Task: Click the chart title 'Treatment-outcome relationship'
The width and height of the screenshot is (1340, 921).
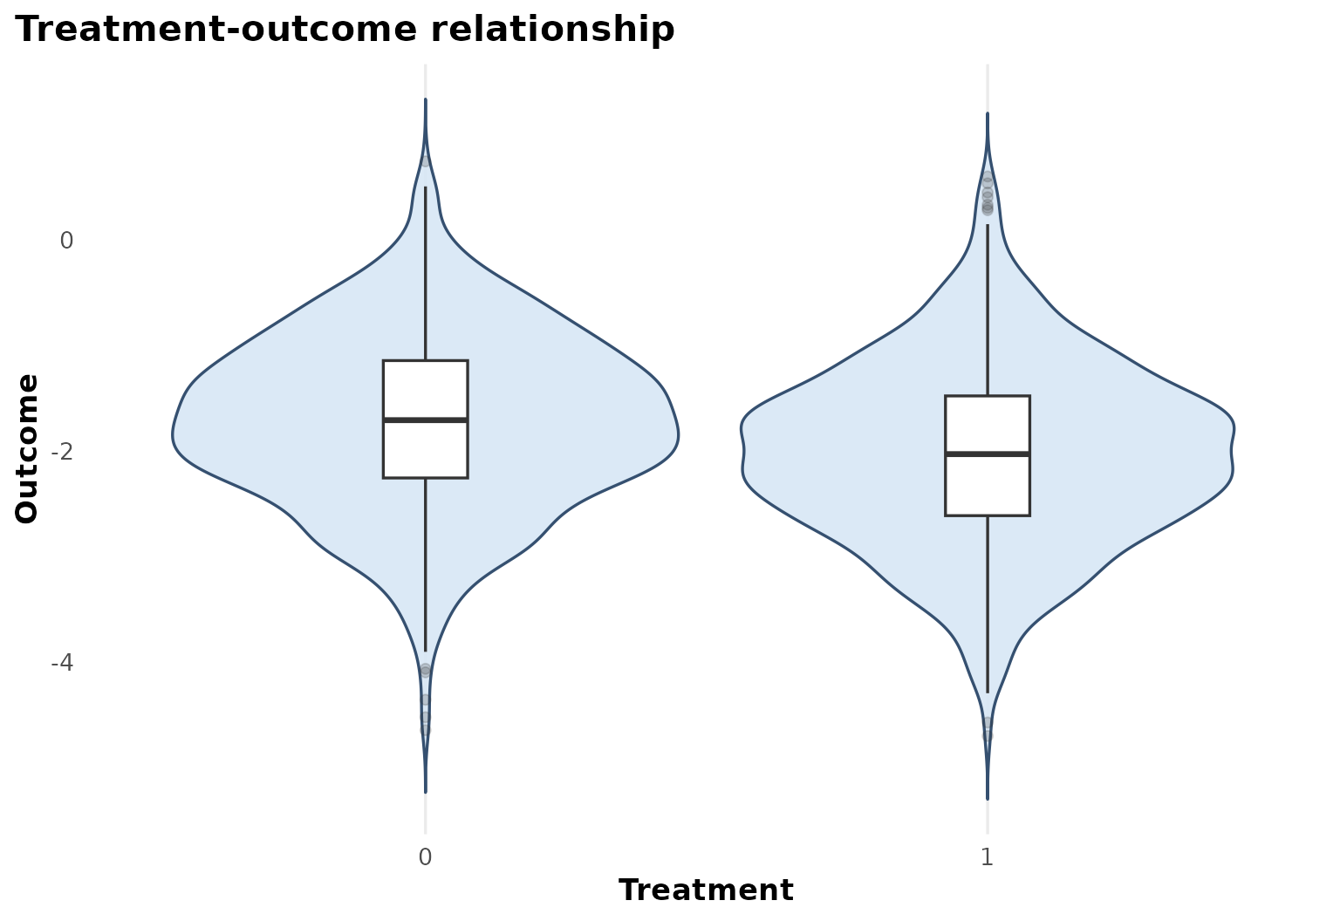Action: click(x=345, y=30)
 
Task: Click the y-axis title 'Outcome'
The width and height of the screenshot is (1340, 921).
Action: click(x=27, y=449)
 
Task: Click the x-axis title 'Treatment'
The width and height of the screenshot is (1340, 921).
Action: click(x=706, y=890)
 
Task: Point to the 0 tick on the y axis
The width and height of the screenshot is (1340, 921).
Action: click(x=66, y=241)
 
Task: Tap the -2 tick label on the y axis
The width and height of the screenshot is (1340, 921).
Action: click(x=62, y=452)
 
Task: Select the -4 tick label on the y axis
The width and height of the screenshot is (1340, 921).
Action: click(x=62, y=663)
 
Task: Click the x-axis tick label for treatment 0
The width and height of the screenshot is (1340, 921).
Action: click(x=425, y=857)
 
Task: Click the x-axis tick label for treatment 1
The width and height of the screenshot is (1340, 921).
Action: click(x=987, y=857)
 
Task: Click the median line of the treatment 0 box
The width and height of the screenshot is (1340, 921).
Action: click(x=426, y=420)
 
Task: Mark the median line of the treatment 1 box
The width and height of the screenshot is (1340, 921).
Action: click(x=988, y=454)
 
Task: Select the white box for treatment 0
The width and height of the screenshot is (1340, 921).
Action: click(x=426, y=420)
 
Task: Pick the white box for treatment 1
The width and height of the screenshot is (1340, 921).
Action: click(x=988, y=456)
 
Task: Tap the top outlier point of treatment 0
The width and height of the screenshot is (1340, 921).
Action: click(x=426, y=161)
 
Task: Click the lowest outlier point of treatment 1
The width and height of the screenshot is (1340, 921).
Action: click(x=987, y=736)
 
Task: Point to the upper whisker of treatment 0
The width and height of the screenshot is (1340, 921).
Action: click(x=426, y=273)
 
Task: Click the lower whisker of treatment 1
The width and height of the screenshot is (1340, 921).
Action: click(x=988, y=604)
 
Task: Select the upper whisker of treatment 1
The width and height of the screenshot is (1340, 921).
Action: click(x=988, y=310)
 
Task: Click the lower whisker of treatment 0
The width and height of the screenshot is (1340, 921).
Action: click(x=426, y=565)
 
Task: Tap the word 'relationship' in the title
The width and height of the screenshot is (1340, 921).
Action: click(x=553, y=30)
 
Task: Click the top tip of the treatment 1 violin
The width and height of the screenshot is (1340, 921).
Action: click(x=988, y=113)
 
